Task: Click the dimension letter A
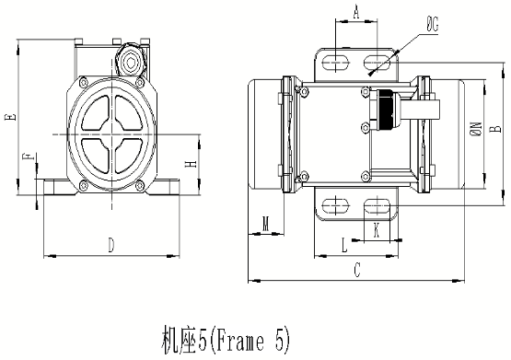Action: pos(355,12)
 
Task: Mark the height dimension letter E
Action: pos(8,117)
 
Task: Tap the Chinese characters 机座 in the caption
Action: pos(169,342)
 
